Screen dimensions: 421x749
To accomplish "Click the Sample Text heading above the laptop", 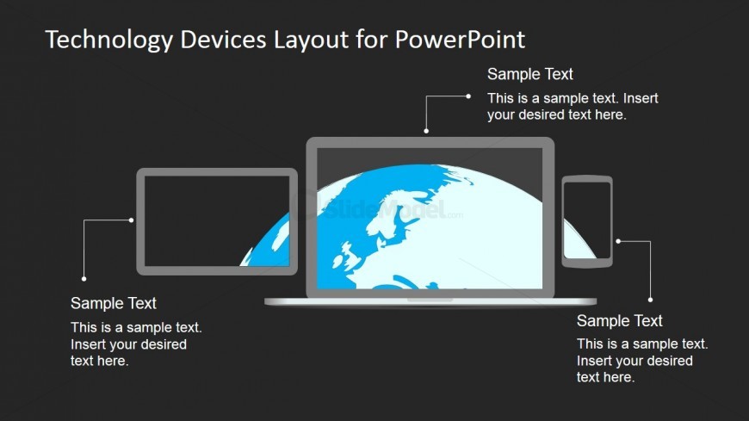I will click(x=529, y=74).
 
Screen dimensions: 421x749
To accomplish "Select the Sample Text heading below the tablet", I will click(x=113, y=303).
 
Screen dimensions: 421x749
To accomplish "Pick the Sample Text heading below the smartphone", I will click(x=619, y=321).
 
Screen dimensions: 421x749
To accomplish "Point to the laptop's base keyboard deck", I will click(x=430, y=301).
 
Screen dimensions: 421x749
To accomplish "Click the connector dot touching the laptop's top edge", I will click(x=426, y=132).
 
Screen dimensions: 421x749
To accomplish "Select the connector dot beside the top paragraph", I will click(x=468, y=96).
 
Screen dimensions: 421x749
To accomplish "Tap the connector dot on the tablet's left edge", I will click(x=131, y=220).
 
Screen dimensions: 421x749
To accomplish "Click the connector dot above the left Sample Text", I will click(x=84, y=278).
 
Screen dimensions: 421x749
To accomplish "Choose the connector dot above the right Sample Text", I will click(x=650, y=300).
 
